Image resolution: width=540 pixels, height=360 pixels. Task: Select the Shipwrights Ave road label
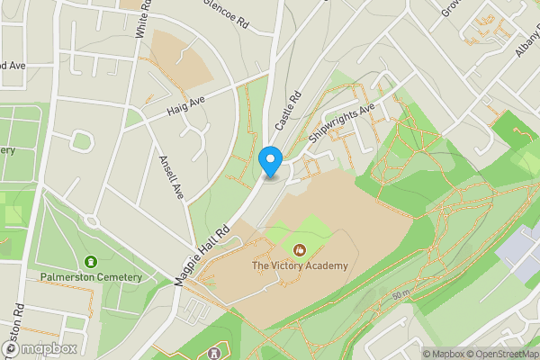pos(340,127)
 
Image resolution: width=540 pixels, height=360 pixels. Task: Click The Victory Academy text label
pos(299,266)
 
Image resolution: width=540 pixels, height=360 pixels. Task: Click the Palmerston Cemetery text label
pos(90,277)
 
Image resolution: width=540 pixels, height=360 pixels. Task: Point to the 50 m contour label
pos(400,295)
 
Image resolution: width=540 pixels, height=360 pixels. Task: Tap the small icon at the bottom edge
pos(213,354)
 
